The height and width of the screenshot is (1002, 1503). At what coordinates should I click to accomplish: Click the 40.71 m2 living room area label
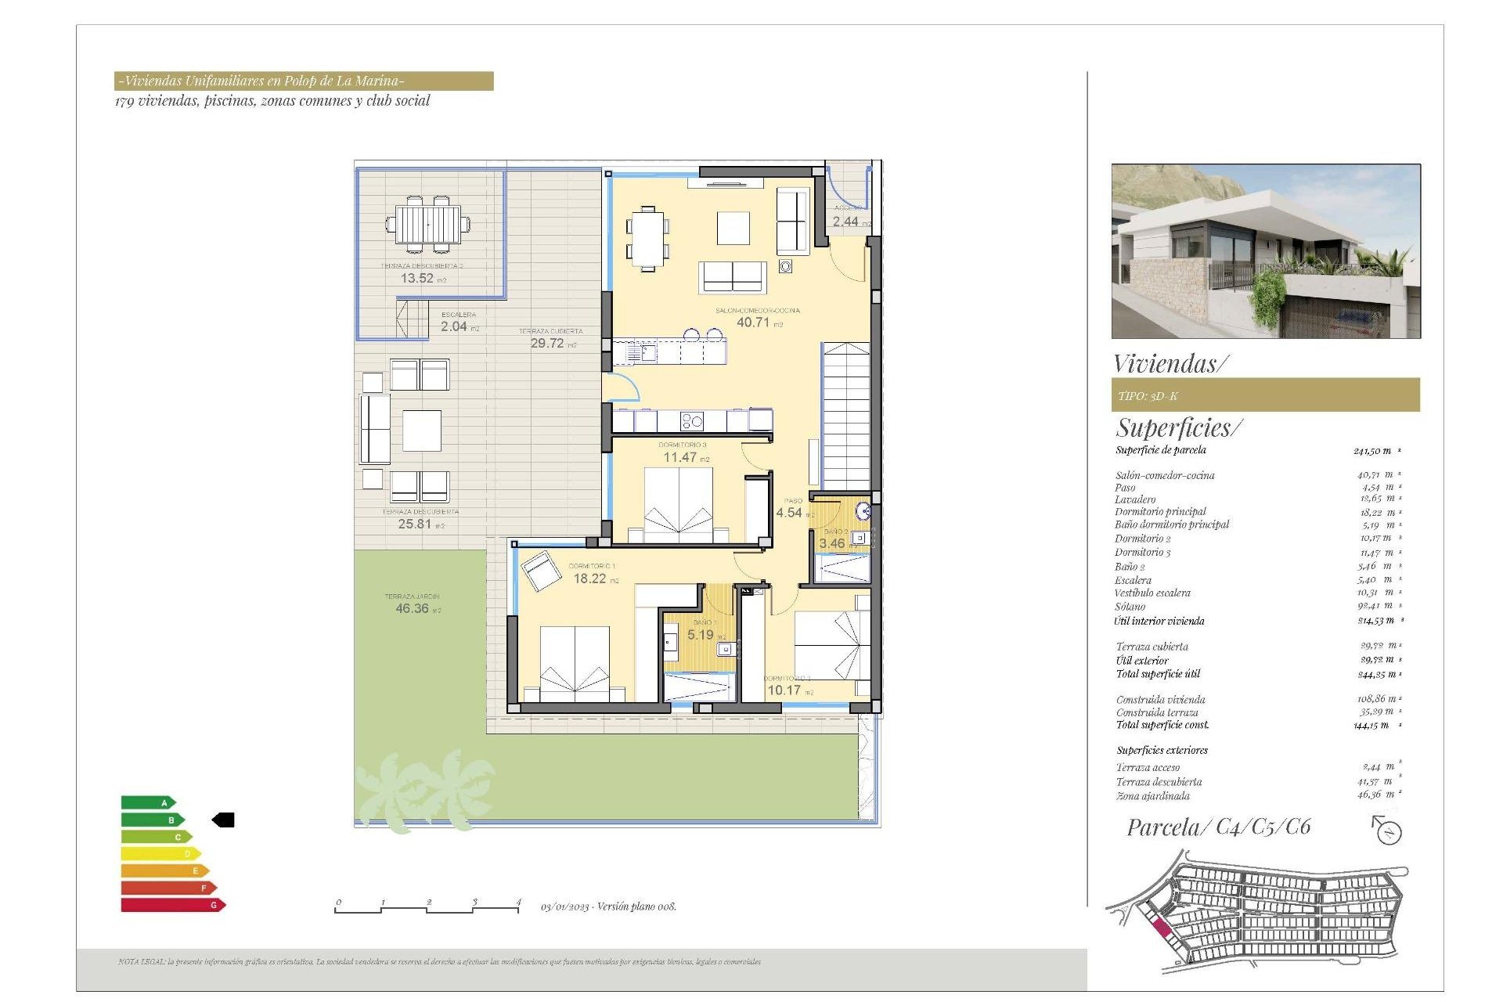tap(753, 322)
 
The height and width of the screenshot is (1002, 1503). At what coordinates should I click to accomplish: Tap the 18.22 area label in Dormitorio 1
tap(590, 578)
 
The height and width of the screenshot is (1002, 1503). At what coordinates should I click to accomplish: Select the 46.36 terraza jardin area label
tap(413, 608)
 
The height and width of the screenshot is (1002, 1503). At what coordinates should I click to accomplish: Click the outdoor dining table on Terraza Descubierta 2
tap(428, 225)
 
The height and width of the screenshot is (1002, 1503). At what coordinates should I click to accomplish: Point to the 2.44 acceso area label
tap(845, 222)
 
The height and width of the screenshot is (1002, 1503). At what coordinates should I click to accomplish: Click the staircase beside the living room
tap(845, 415)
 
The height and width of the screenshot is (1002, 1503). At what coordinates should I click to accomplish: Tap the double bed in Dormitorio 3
tap(679, 505)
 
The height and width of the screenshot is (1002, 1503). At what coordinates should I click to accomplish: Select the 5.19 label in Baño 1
tap(701, 635)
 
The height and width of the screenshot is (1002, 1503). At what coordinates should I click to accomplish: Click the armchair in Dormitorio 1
tap(540, 570)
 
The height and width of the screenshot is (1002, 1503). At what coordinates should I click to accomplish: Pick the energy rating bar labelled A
tap(148, 802)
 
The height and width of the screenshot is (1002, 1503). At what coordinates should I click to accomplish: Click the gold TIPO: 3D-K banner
tap(1265, 395)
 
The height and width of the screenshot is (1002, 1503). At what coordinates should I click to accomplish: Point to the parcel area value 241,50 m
tap(1372, 451)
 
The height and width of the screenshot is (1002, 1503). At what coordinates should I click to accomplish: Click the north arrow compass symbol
tap(1387, 830)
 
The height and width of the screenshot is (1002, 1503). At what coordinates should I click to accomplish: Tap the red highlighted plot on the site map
tap(1162, 929)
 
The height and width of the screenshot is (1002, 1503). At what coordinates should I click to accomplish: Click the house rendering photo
tap(1265, 250)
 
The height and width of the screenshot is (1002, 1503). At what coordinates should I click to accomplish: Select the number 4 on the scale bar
tap(518, 902)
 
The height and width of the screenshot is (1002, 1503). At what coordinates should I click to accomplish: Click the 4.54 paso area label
tap(789, 513)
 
